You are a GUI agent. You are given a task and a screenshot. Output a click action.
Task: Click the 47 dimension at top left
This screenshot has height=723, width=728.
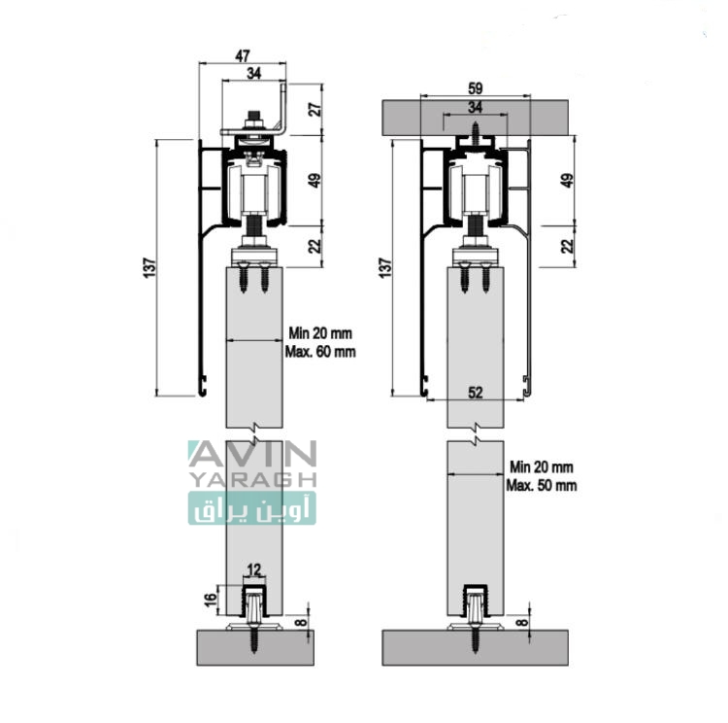tap(243, 56)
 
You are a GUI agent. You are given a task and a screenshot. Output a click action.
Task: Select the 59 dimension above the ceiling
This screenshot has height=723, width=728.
tap(475, 88)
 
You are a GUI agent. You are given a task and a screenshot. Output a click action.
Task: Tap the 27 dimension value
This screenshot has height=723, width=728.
tap(315, 109)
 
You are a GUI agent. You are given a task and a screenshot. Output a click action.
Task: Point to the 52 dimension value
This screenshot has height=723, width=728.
tap(475, 393)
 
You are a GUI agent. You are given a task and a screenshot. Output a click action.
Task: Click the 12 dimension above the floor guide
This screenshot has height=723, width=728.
tap(254, 569)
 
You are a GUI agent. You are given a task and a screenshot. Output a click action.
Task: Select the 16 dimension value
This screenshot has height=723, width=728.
tap(211, 600)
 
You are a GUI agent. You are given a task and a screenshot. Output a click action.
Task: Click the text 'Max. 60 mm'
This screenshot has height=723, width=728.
tap(320, 352)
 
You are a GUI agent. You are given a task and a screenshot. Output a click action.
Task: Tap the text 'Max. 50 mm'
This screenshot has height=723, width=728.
tap(542, 486)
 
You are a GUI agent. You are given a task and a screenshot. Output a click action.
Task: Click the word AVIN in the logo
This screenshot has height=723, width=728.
tap(253, 454)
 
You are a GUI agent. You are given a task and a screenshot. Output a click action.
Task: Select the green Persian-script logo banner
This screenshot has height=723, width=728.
tap(252, 508)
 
